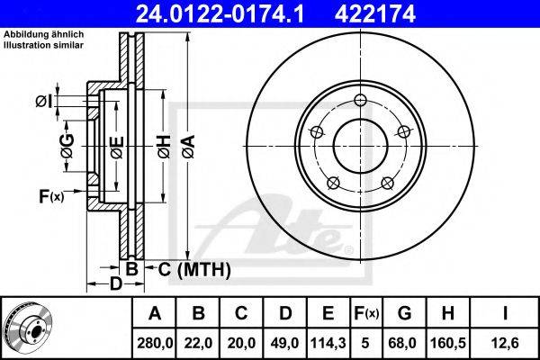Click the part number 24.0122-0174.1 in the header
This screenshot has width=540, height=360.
(x=220, y=13)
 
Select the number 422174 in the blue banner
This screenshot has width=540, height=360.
(x=375, y=13)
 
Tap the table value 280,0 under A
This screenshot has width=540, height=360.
(x=155, y=343)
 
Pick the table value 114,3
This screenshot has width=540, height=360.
(x=328, y=343)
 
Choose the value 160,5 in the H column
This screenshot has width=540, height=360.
(x=448, y=343)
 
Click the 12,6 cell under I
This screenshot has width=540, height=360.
(x=505, y=343)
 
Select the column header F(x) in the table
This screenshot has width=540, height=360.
(x=366, y=313)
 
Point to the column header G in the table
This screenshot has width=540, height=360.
(x=404, y=313)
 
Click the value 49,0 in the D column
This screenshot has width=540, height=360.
(x=284, y=343)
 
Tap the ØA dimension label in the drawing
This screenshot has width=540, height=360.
(x=189, y=147)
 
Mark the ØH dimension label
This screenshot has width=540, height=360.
(x=164, y=147)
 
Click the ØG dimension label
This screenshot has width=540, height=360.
(x=67, y=146)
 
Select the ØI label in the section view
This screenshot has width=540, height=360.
(x=44, y=102)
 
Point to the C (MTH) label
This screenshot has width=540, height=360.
(x=194, y=269)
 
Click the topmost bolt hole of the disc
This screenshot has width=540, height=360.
(x=360, y=100)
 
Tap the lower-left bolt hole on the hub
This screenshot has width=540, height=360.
(x=333, y=183)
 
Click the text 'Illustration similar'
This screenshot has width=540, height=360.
(x=44, y=45)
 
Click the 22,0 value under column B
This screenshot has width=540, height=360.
(x=198, y=343)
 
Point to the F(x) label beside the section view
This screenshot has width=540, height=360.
(x=51, y=197)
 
